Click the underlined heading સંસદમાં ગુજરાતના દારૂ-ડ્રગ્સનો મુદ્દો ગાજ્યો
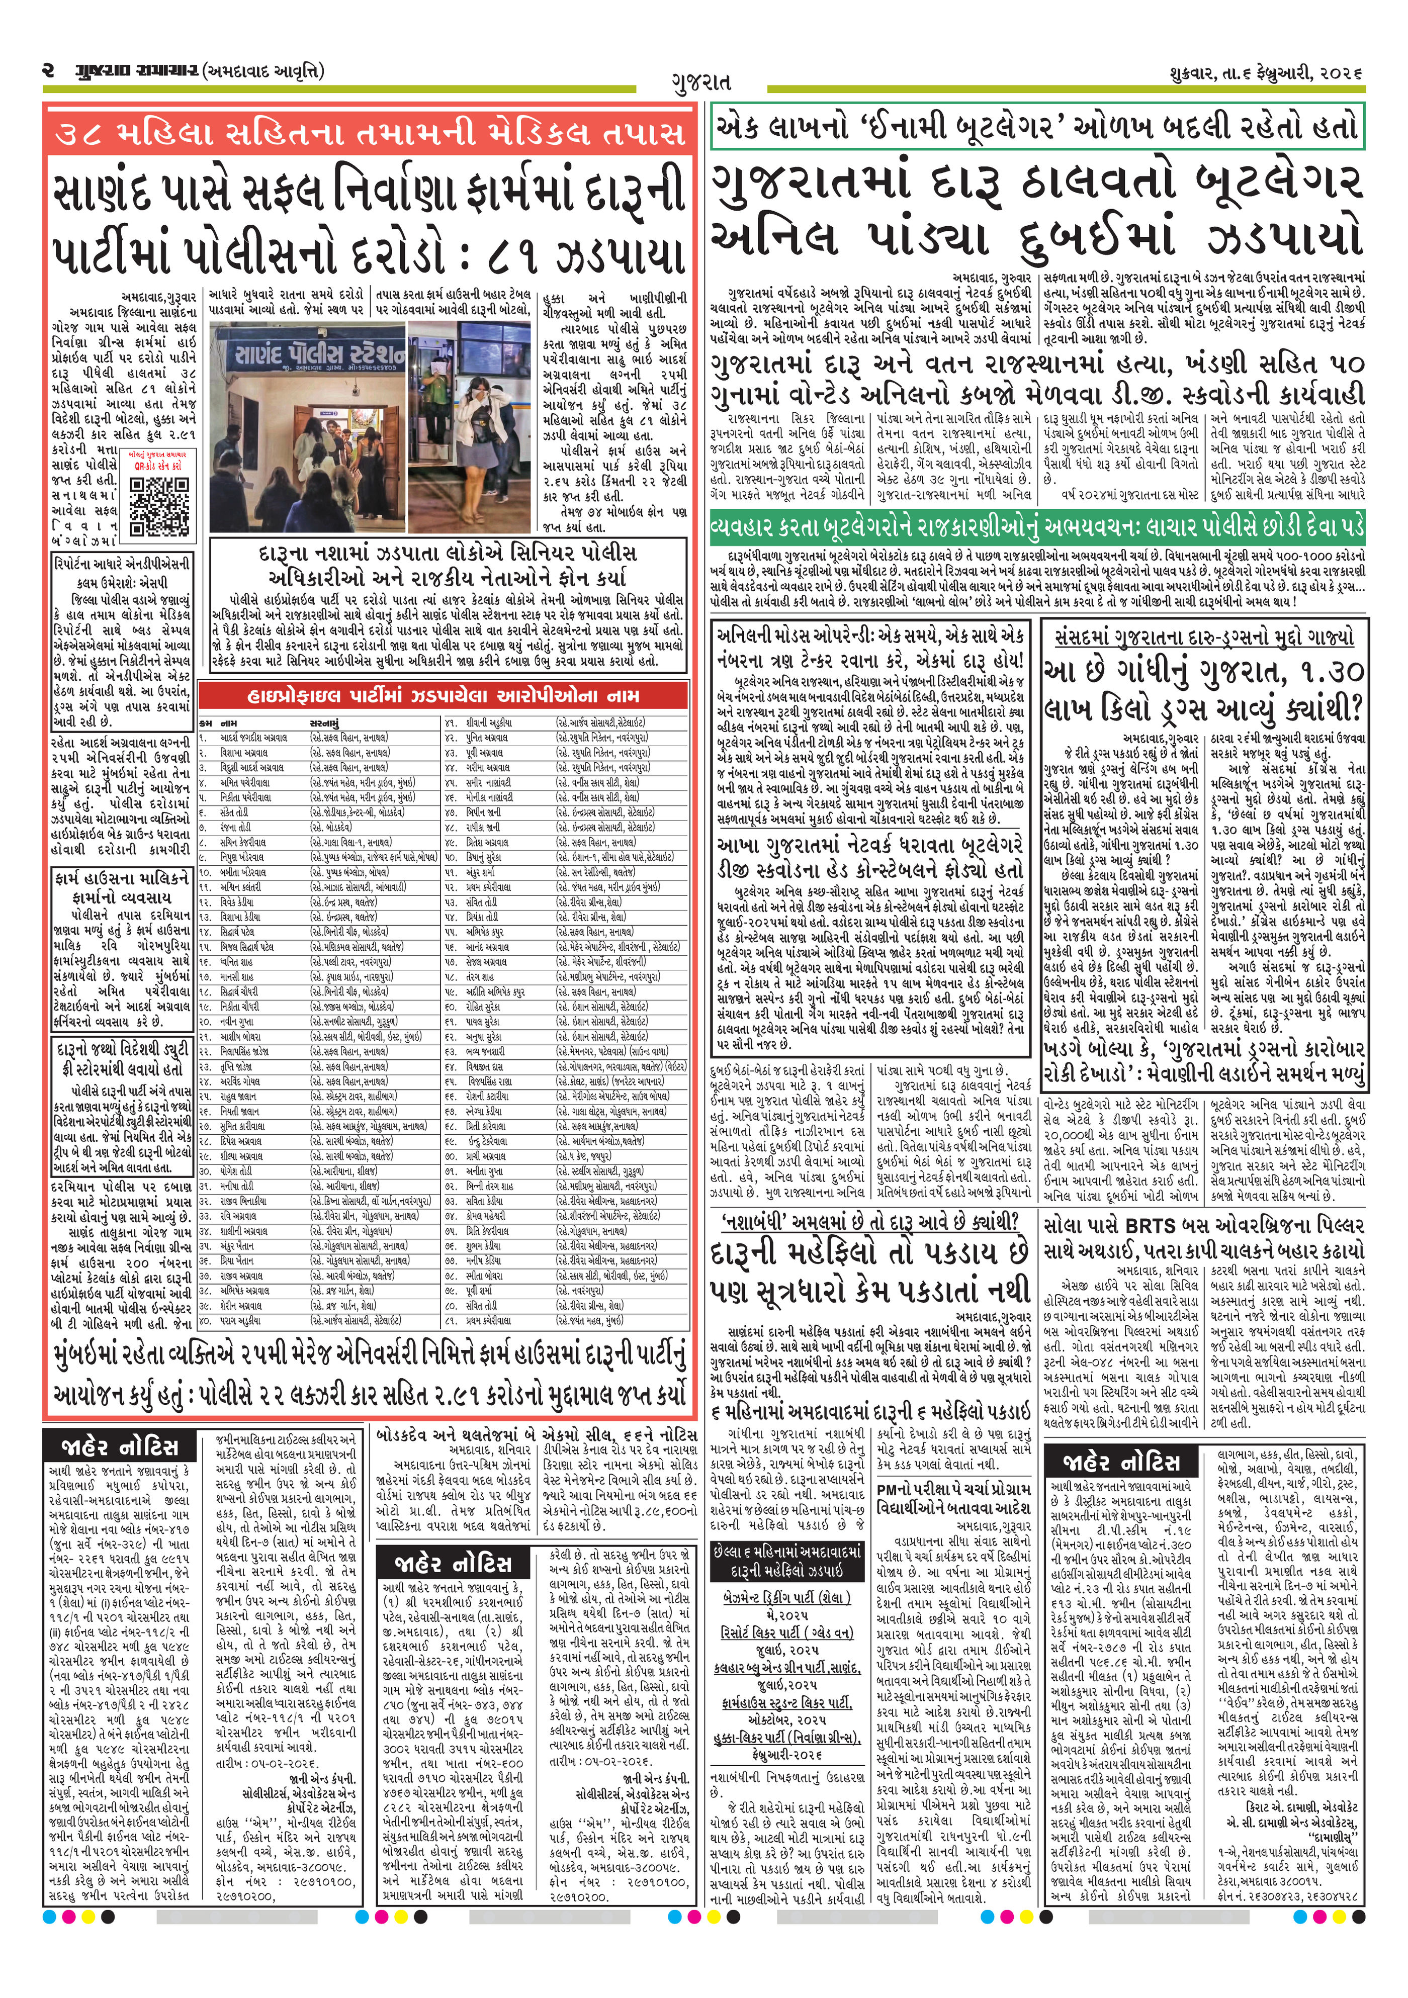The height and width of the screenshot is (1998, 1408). click(1203, 637)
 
